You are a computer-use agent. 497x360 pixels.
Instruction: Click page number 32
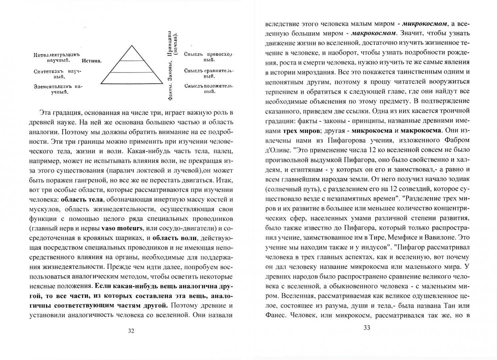pos(131,331)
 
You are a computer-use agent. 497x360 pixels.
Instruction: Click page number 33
pos(367,328)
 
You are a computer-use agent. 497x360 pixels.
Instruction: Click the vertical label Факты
pos(170,92)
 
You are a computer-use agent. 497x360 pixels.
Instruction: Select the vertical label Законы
pos(170,75)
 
